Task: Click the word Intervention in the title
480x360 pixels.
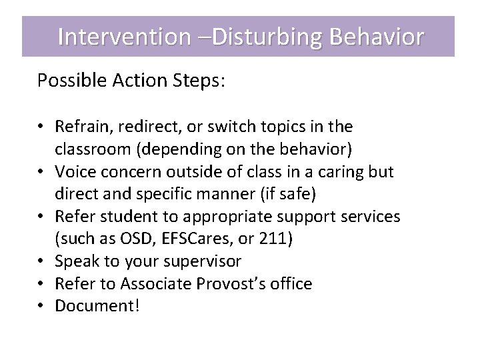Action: click(123, 37)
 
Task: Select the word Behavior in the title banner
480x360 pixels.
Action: click(377, 37)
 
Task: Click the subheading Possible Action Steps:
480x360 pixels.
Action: click(131, 81)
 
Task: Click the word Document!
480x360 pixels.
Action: click(98, 306)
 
